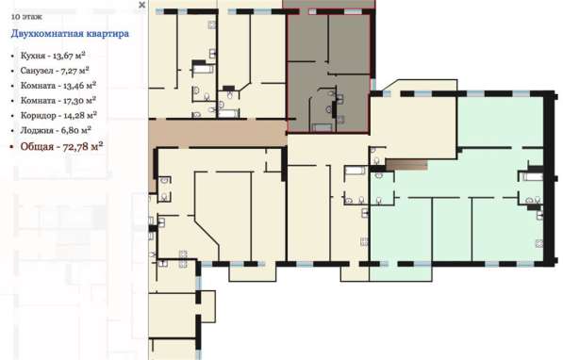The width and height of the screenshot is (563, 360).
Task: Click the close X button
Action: (141, 5)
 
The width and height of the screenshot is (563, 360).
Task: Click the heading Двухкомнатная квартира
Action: (70, 34)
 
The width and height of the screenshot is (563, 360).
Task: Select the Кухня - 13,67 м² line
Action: (53, 56)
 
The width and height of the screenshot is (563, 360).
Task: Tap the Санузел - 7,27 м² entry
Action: (55, 71)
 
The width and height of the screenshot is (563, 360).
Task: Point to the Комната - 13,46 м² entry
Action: (58, 86)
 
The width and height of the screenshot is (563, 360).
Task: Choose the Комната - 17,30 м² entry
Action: (58, 101)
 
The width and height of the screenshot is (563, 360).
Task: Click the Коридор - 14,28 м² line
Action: (58, 116)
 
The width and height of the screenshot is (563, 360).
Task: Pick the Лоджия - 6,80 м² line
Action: (56, 130)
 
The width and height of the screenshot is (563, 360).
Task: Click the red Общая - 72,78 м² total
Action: (61, 146)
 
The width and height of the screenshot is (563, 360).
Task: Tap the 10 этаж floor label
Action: (26, 17)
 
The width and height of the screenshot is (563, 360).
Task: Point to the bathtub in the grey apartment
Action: (323, 127)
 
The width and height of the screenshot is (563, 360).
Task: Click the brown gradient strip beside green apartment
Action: (406, 165)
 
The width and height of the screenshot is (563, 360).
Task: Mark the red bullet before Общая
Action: (12, 147)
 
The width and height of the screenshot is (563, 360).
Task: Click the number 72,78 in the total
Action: (75, 147)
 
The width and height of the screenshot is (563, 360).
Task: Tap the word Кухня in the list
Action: (33, 56)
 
